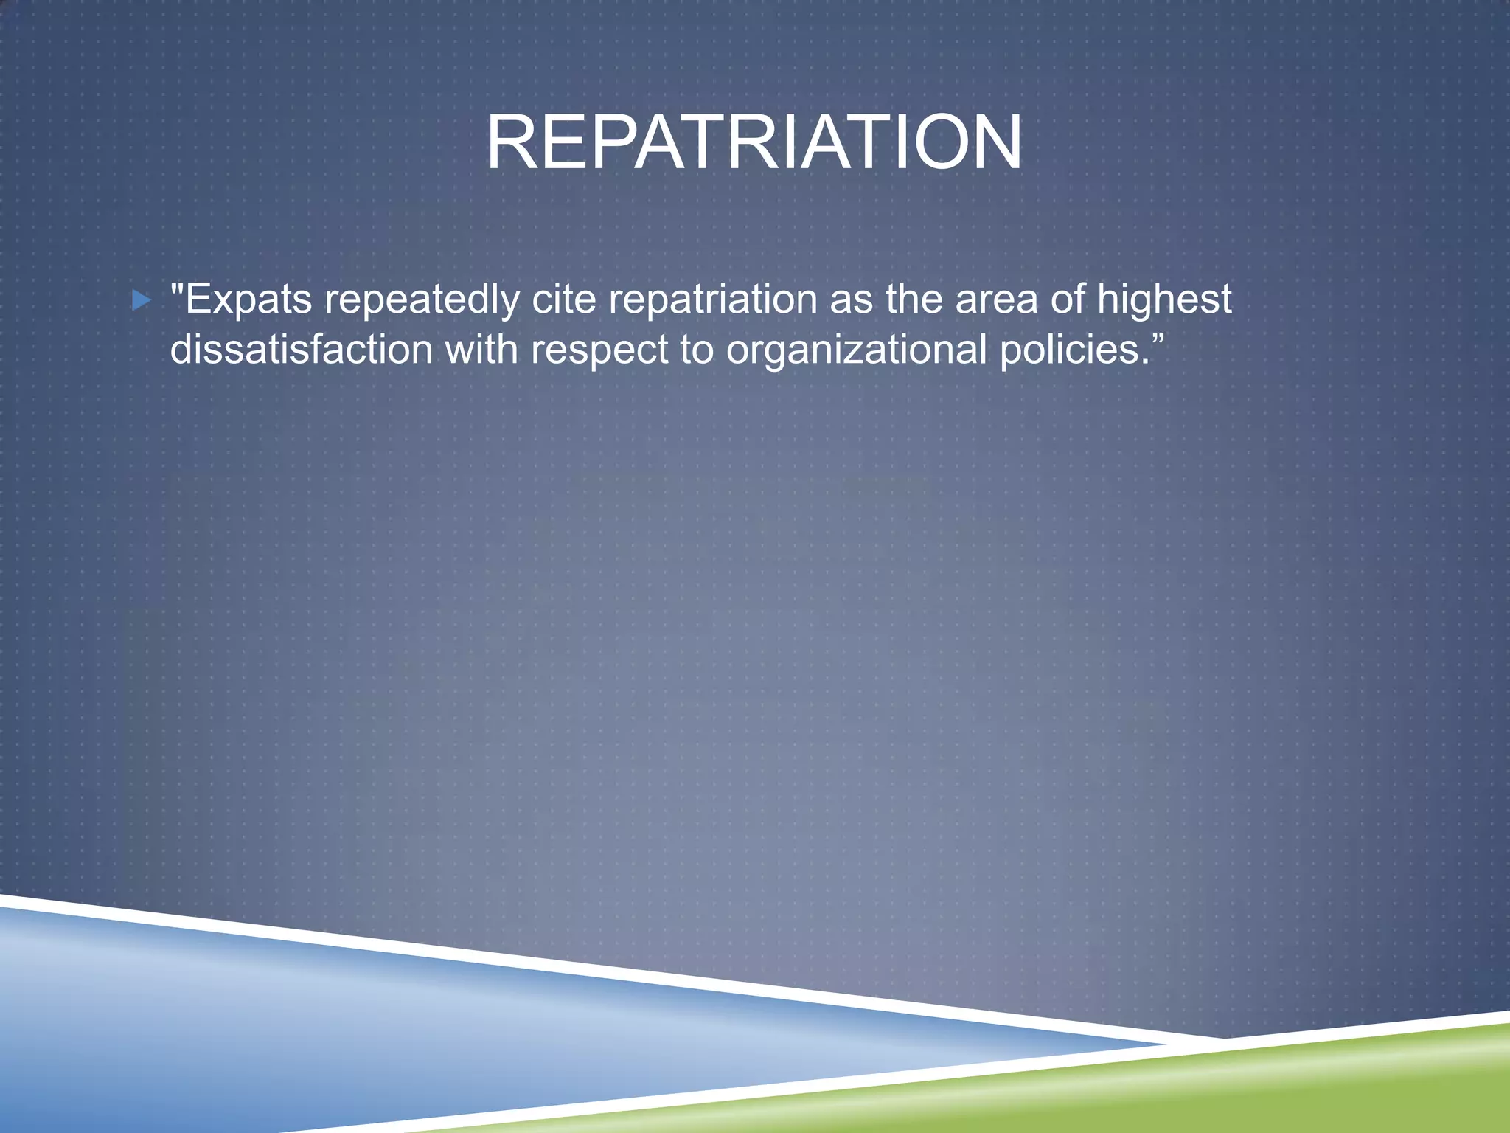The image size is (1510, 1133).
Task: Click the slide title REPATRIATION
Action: (x=754, y=143)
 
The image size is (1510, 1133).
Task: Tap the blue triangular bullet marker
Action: (x=141, y=300)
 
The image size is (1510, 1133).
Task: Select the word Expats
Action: (x=248, y=300)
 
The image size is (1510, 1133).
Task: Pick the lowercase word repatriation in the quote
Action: (x=713, y=300)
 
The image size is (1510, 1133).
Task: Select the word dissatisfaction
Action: (x=301, y=349)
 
